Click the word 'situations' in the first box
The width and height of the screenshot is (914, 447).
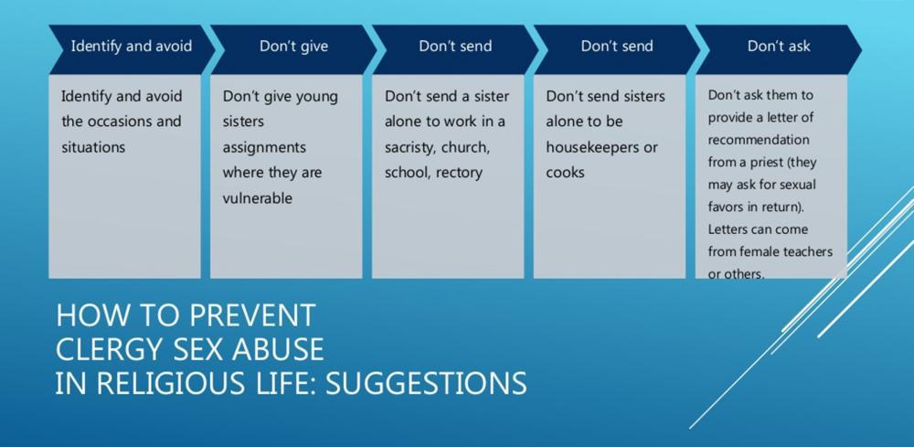[x=93, y=147]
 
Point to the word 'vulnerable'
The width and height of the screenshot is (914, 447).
[x=257, y=198]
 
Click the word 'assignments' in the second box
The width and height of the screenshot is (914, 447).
[x=264, y=148]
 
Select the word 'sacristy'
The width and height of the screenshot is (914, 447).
[x=409, y=148]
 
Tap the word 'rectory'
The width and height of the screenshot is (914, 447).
[x=460, y=173]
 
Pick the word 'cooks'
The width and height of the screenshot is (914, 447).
[x=565, y=173]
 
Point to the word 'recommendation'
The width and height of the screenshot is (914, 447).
[x=759, y=141]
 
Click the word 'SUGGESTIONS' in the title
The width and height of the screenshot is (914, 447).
[x=426, y=384]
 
